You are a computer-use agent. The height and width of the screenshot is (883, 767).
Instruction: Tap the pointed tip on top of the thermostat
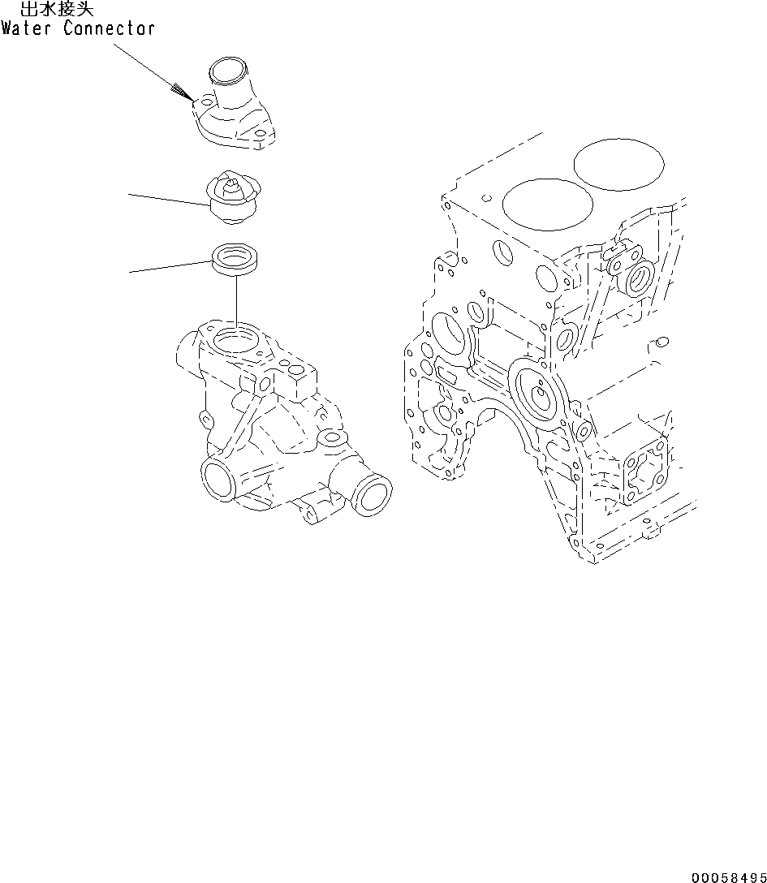point(232,183)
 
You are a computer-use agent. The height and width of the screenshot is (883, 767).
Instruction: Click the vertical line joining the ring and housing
point(235,300)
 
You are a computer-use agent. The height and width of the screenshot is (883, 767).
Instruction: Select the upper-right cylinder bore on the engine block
point(618,165)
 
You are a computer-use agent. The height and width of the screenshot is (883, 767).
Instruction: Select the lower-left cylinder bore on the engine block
point(538,203)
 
